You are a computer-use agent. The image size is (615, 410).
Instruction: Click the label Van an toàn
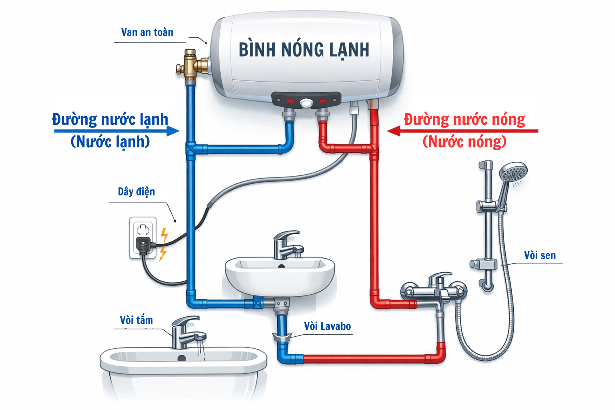147,32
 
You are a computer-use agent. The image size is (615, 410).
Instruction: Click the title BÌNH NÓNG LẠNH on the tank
304,50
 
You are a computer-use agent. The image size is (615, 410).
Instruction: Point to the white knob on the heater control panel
306,103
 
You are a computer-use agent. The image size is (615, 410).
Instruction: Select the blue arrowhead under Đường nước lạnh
173,131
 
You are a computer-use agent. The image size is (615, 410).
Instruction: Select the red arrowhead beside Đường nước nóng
394,131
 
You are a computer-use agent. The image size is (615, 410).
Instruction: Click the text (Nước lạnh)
110,142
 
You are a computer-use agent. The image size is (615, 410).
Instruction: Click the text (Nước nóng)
464,142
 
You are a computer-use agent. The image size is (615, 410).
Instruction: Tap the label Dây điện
136,192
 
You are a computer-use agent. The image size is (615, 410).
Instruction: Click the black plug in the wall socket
143,245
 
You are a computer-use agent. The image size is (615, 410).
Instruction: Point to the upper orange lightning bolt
164,235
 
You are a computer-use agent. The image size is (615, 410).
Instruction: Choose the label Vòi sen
540,255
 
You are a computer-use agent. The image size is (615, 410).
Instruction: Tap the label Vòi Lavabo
327,326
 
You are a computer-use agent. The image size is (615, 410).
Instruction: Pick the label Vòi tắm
136,320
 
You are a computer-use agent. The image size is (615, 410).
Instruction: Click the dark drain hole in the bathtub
182,358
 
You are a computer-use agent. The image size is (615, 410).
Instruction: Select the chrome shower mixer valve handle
439,278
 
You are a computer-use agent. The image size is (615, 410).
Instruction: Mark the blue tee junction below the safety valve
191,149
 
